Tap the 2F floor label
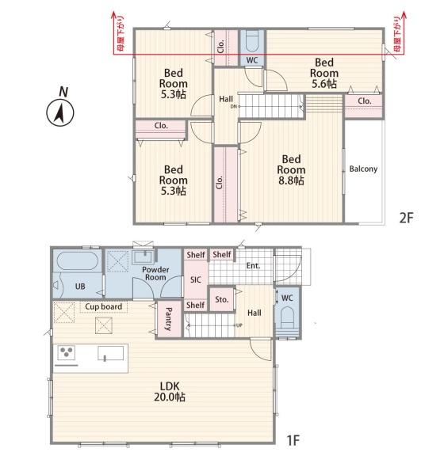(x=406, y=218)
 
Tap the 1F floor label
(x=293, y=440)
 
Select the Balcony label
(x=363, y=169)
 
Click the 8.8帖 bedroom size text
(x=291, y=180)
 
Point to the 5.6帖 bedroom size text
(x=324, y=84)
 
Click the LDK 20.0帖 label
(x=170, y=391)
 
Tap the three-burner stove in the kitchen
(x=67, y=352)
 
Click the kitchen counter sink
(x=111, y=354)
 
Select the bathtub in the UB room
(x=78, y=260)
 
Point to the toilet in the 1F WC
(x=288, y=318)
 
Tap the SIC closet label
(x=196, y=279)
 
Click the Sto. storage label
(x=222, y=299)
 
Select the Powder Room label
(x=155, y=273)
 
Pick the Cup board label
(x=103, y=306)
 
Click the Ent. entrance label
(x=253, y=266)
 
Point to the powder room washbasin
(x=144, y=257)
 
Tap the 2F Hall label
(x=226, y=99)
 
